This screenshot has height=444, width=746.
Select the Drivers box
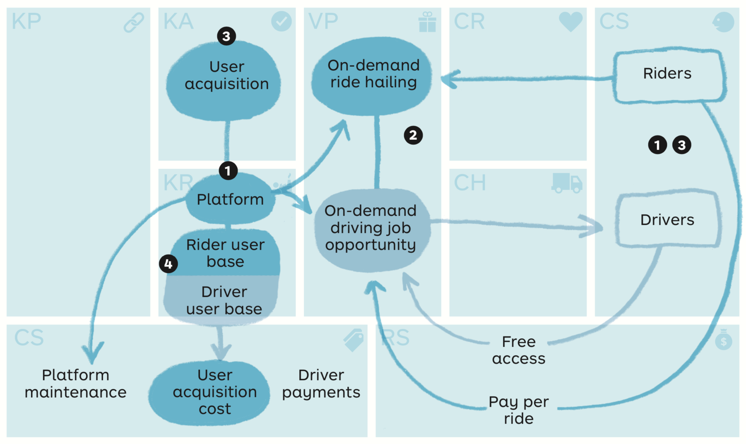667,220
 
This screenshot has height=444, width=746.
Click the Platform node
230,200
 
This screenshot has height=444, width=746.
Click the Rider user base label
225,253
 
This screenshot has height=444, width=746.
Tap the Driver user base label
224,300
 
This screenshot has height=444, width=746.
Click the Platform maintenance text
75,384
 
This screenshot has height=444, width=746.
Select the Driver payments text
321,384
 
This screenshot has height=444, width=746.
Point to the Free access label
519,350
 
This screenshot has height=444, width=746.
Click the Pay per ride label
519,410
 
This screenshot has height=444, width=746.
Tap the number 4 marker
168,264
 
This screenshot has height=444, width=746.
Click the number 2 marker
413,135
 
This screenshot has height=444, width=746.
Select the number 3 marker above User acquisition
226,36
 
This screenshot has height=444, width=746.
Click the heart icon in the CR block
570,21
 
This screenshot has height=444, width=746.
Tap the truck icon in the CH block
567,183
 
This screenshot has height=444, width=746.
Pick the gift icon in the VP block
427,22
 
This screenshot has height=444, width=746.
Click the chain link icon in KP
134,22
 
